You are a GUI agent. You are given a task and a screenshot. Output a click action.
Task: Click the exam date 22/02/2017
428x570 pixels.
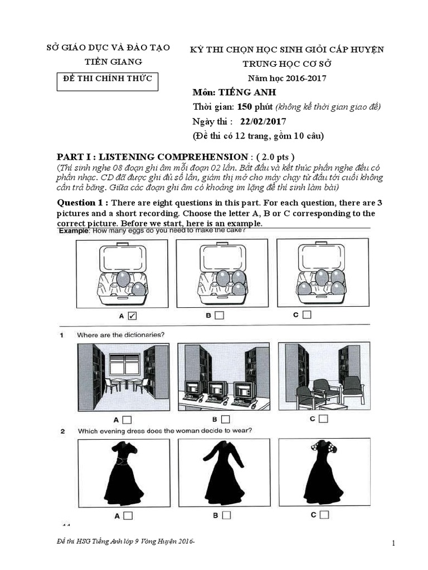click(x=264, y=121)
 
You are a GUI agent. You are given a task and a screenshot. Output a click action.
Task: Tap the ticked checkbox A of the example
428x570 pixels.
click(x=132, y=316)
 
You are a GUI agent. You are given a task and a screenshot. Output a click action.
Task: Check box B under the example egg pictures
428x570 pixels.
click(x=219, y=316)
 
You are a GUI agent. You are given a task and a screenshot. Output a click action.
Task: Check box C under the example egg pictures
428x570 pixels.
click(x=307, y=315)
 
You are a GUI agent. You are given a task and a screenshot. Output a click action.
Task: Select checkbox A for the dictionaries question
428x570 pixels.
click(x=127, y=420)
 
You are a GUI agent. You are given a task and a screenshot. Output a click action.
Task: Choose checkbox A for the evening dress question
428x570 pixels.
click(x=128, y=516)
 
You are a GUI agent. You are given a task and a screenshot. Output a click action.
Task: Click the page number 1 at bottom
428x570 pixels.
click(x=393, y=543)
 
